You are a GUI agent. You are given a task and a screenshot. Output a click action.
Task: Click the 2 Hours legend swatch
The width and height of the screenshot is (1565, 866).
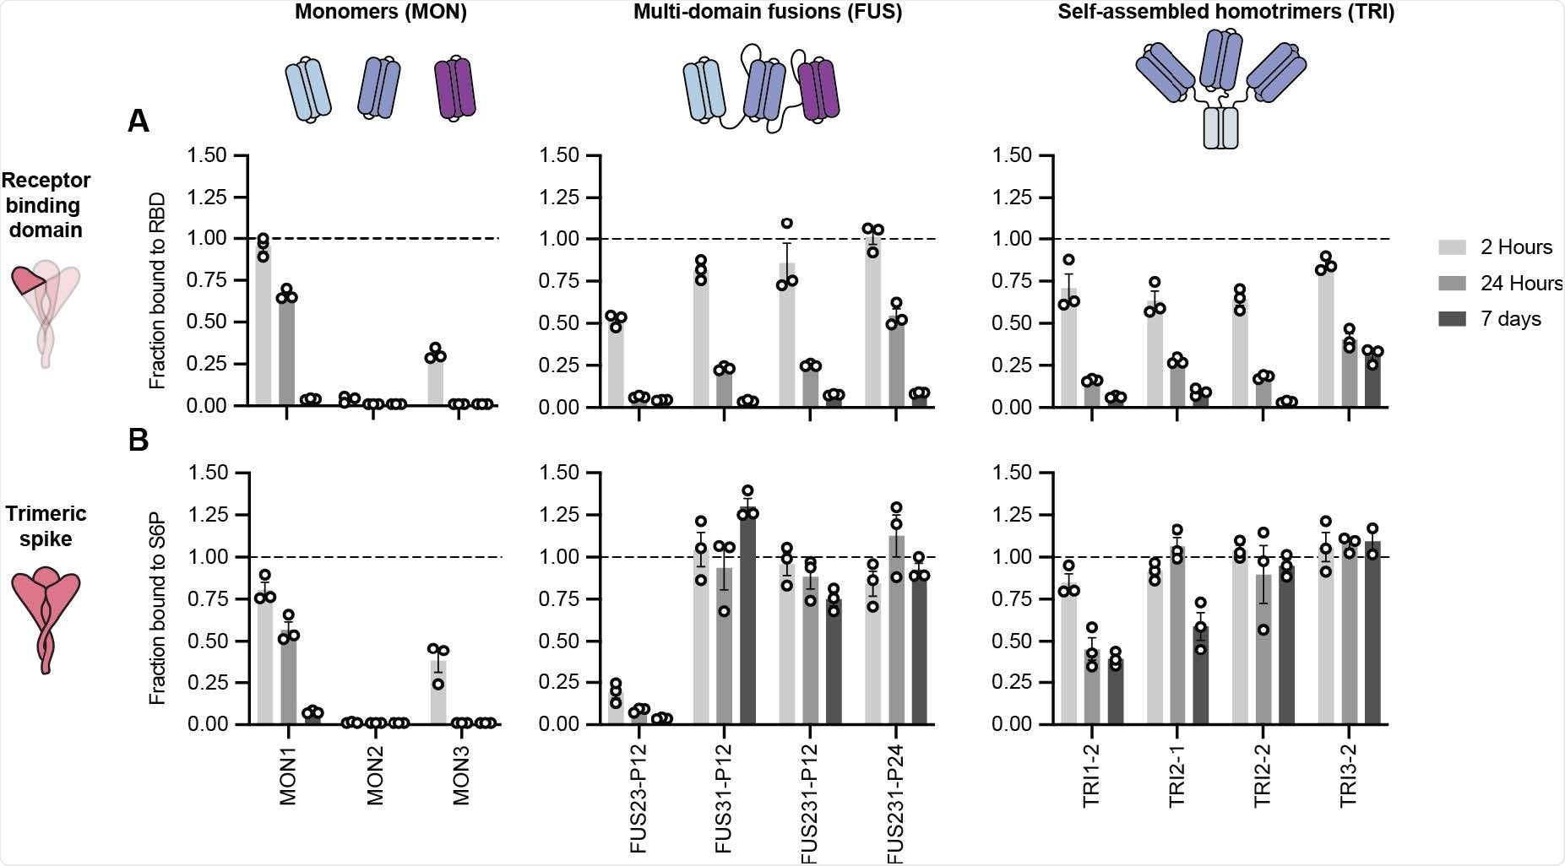[1451, 246]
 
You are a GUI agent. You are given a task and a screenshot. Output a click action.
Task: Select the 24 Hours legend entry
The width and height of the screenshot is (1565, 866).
[1520, 284]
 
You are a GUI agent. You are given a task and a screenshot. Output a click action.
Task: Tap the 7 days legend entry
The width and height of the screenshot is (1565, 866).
[1510, 319]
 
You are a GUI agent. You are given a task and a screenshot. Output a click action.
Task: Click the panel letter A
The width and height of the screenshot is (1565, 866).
[139, 122]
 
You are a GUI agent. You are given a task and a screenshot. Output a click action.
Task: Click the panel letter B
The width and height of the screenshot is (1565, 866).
[139, 440]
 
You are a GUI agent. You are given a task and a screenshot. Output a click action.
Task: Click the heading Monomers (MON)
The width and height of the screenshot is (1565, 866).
[381, 13]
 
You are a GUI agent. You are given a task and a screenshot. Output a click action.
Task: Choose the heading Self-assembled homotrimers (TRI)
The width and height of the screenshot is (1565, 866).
[1225, 13]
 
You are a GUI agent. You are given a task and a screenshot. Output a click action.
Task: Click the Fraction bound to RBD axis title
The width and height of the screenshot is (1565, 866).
[157, 290]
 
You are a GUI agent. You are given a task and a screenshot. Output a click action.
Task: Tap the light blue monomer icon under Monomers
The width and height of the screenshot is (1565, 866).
[307, 89]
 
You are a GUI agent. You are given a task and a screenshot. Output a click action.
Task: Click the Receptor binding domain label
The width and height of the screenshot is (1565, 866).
[46, 205]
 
